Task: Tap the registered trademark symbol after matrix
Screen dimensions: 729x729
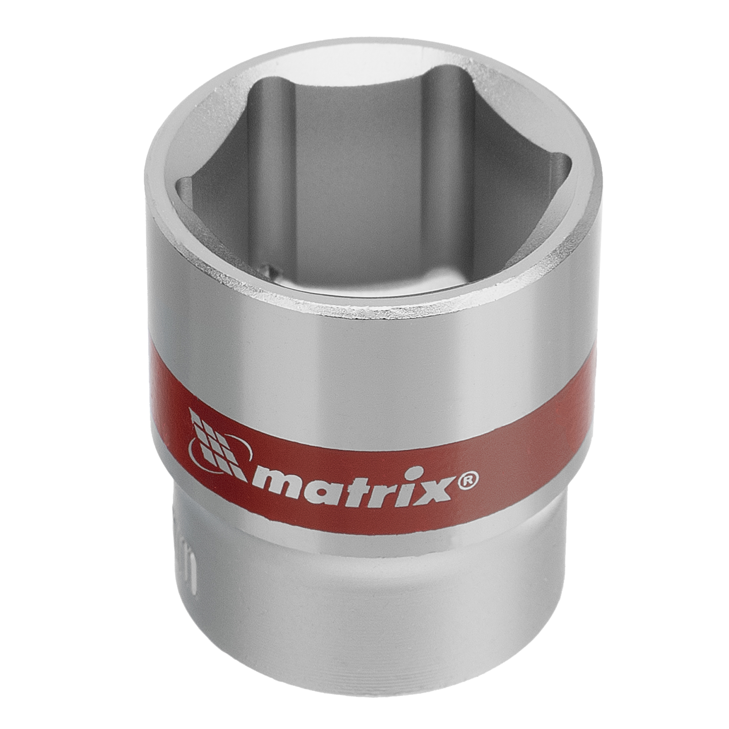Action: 468,480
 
